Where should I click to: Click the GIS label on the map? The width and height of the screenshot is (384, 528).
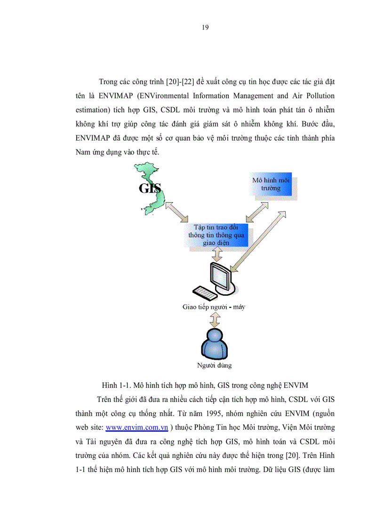pyautogui.click(x=150, y=188)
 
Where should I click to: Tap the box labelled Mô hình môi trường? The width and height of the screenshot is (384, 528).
pyautogui.click(x=271, y=184)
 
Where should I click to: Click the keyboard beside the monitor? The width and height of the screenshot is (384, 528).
pyautogui.click(x=204, y=293)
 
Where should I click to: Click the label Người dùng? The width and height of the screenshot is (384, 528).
pyautogui.click(x=214, y=365)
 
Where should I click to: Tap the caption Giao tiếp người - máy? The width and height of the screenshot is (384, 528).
pyautogui.click(x=214, y=307)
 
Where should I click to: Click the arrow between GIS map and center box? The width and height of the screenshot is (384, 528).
pyautogui.click(x=175, y=213)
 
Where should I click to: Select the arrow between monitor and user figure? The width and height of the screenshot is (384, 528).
pyautogui.click(x=215, y=320)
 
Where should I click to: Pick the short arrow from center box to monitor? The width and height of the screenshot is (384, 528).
pyautogui.click(x=217, y=254)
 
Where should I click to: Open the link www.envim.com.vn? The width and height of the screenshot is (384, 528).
pyautogui.click(x=137, y=427)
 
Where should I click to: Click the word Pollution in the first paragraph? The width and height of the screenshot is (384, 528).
pyautogui.click(x=319, y=96)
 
